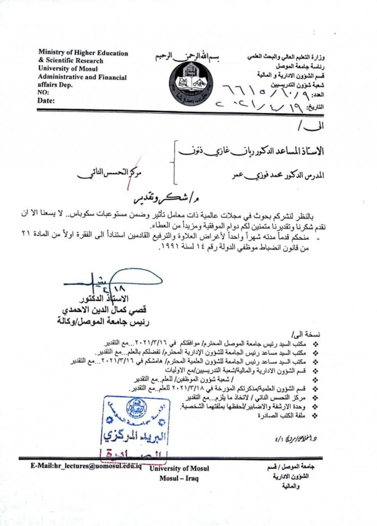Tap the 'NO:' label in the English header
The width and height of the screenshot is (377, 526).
coord(44,92)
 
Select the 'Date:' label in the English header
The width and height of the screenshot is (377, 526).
coord(46,101)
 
